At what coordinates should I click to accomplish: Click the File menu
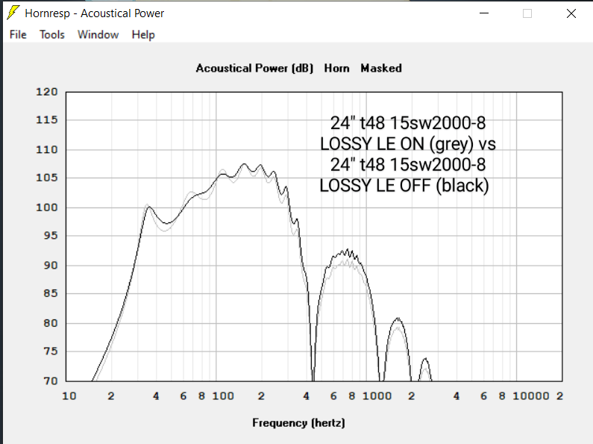pyautogui.click(x=18, y=34)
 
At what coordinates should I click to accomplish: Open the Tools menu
pyautogui.click(x=52, y=34)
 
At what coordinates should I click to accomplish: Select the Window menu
pyautogui.click(x=98, y=34)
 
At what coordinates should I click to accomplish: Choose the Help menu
pyautogui.click(x=143, y=34)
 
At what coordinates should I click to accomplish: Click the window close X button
pyautogui.click(x=571, y=13)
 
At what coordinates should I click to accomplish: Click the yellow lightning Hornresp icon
pyautogui.click(x=13, y=13)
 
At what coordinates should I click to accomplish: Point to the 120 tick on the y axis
pyautogui.click(x=47, y=92)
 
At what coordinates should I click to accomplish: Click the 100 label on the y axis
pyautogui.click(x=47, y=207)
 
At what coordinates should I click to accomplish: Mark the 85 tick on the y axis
pyautogui.click(x=50, y=294)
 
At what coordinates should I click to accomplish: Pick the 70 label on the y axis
pyautogui.click(x=50, y=381)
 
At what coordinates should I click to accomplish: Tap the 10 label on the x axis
pyautogui.click(x=69, y=395)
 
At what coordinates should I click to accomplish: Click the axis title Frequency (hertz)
pyautogui.click(x=298, y=423)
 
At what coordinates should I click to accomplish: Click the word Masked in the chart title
pyautogui.click(x=381, y=68)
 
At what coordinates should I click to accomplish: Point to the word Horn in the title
pyautogui.click(x=337, y=68)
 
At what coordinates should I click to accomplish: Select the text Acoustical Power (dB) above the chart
pyautogui.click(x=254, y=68)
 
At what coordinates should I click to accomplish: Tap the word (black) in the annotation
pyautogui.click(x=463, y=185)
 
